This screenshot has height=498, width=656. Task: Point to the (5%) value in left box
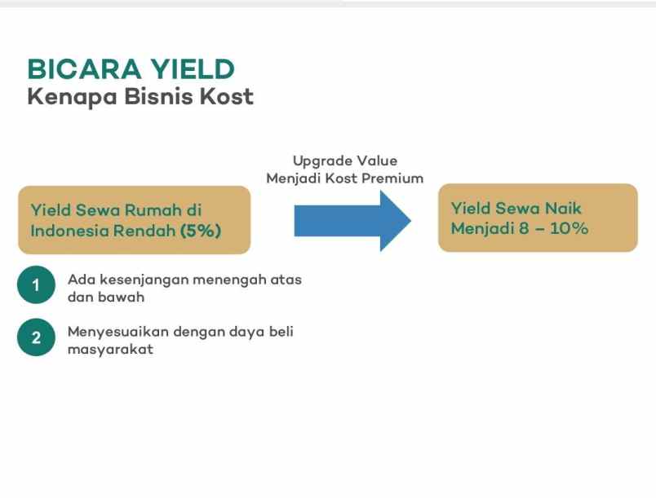tap(201, 231)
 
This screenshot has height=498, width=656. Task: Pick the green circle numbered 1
tap(35, 285)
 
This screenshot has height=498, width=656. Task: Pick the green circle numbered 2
tap(35, 338)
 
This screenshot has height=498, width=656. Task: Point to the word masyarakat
tap(110, 350)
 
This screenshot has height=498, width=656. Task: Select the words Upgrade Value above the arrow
tap(345, 161)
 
